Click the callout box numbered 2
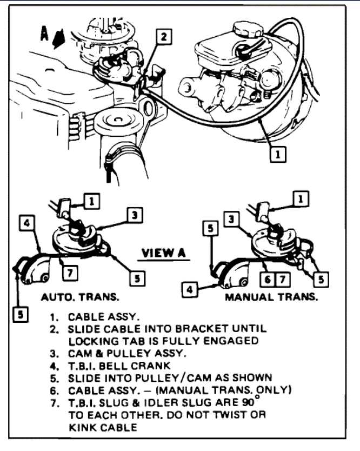click(164, 36)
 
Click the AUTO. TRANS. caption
click(80, 297)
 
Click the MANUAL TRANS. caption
click(271, 297)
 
